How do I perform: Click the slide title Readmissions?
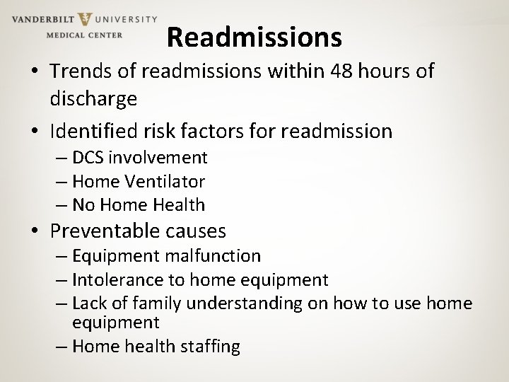(x=255, y=37)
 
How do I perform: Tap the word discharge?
(x=93, y=98)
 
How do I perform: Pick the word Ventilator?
(x=165, y=181)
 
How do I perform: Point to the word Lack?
(x=90, y=303)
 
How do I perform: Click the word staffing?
(x=209, y=346)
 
